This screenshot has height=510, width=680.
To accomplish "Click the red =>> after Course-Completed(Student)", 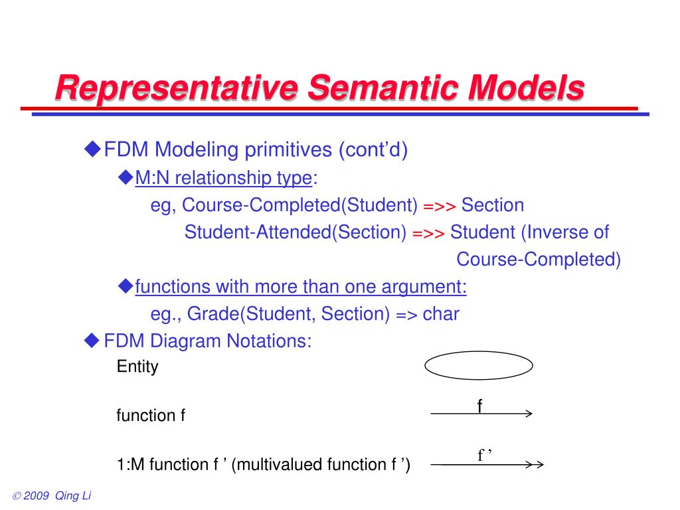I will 439,206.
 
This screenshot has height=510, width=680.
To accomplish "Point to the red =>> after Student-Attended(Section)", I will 428,233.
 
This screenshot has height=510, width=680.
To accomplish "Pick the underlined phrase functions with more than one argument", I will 301,287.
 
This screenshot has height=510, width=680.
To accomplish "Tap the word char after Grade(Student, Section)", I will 441,313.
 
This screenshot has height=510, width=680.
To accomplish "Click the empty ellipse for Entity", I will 479,365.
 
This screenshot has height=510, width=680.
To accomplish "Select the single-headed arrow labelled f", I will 481,414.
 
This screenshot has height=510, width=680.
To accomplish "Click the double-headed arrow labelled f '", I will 488,464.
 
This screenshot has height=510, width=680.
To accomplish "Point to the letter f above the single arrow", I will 479,405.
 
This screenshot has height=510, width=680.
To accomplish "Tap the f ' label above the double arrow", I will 483,455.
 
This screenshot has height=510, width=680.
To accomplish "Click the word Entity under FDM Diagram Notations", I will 137,367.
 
